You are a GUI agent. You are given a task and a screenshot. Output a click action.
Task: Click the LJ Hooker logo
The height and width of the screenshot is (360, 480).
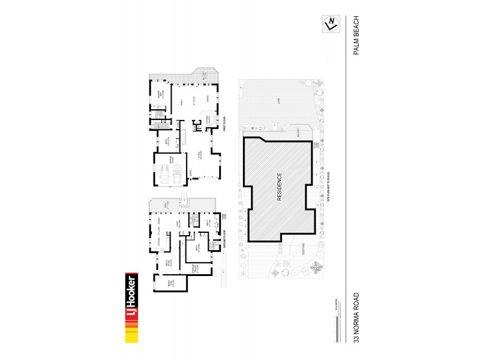pyautogui.click(x=131, y=308)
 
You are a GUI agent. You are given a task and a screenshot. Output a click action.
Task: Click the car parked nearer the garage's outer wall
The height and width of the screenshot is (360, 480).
pyautogui.click(x=163, y=175)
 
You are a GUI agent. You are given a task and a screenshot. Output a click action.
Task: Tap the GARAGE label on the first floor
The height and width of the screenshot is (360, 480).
pyautogui.click(x=171, y=161)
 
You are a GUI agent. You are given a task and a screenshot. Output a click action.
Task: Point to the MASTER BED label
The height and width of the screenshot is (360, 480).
pyautogui.click(x=160, y=94)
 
